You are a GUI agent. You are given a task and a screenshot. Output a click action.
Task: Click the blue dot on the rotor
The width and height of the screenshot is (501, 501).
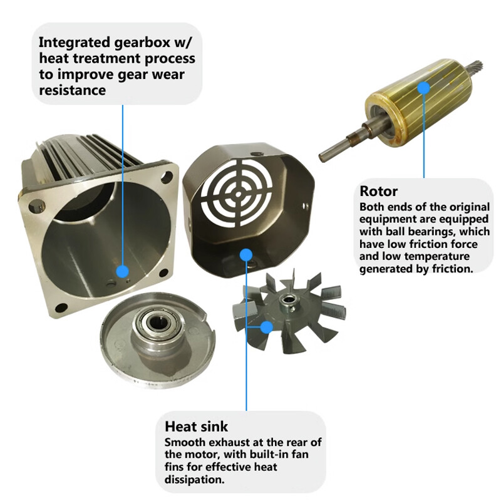[424, 88]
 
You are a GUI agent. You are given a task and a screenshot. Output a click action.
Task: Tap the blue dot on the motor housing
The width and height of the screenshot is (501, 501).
[122, 272]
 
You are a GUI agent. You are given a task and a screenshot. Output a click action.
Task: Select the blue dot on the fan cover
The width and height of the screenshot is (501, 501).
[245, 254]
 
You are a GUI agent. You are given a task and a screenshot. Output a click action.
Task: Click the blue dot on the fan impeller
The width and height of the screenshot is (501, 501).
[267, 327]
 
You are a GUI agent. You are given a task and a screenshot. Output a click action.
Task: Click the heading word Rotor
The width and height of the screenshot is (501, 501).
[379, 191]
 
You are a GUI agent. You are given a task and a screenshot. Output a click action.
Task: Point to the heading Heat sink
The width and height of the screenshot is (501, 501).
[196, 426]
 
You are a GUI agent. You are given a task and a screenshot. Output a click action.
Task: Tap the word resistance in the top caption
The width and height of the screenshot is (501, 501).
[72, 90]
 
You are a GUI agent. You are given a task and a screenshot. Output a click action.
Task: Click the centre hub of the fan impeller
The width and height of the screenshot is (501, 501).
[287, 302]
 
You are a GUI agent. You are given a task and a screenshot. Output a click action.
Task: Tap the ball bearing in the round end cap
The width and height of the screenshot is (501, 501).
[158, 323]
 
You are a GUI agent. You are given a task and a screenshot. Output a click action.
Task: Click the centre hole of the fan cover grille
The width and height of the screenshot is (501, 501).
[238, 194]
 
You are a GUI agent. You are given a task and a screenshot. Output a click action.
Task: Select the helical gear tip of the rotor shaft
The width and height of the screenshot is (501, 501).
[477, 66]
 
